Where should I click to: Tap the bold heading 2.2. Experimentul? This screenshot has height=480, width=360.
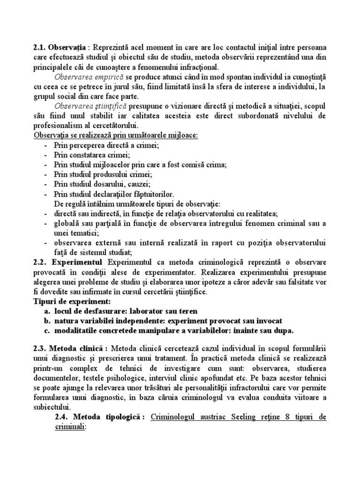coord(69,262)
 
